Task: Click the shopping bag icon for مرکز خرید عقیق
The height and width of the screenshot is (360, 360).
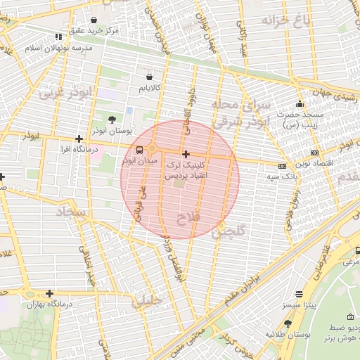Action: [94, 20]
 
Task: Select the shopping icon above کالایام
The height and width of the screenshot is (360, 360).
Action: [149, 77]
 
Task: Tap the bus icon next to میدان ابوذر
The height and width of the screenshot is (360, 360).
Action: [139, 150]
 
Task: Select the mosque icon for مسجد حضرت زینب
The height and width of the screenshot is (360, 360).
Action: [300, 104]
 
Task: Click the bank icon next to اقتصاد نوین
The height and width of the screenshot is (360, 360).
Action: [314, 153]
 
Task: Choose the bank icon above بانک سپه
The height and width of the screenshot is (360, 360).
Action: [282, 166]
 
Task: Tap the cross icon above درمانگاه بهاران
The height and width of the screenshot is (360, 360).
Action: [49, 293]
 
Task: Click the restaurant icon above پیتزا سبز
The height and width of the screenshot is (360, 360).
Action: [300, 294]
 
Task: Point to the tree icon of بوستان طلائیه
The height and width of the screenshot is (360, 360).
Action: [288, 323]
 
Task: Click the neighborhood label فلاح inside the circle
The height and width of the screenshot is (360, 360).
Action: [189, 219]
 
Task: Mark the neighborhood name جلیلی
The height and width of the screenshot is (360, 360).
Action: [148, 302]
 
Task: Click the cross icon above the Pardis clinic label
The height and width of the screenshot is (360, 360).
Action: [186, 154]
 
